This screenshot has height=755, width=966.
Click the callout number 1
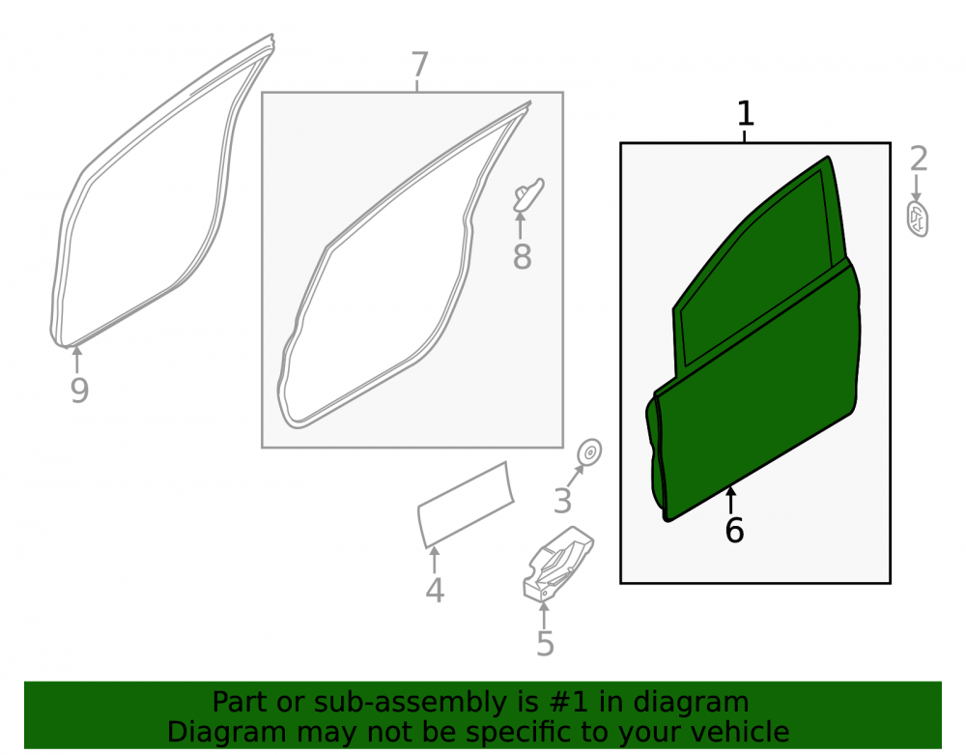click(x=746, y=114)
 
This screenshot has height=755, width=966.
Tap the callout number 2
click(x=919, y=160)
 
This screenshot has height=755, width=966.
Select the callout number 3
click(x=562, y=501)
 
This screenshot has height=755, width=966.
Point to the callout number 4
click(x=435, y=590)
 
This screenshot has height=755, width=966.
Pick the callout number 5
click(x=545, y=644)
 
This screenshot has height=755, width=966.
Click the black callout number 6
click(x=734, y=531)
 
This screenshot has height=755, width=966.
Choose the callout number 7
click(x=419, y=64)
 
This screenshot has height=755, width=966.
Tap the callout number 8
click(x=522, y=256)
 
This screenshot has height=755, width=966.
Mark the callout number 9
click(x=79, y=391)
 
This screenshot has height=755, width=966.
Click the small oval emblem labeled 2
click(x=918, y=218)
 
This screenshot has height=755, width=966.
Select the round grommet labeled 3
click(x=589, y=453)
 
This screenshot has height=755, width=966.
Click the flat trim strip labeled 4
click(x=466, y=505)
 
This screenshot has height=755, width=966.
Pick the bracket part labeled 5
click(x=557, y=564)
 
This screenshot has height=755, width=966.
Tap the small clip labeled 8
click(x=528, y=194)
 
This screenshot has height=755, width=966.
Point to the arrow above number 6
click(x=731, y=500)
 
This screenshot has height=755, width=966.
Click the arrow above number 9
click(x=77, y=360)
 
